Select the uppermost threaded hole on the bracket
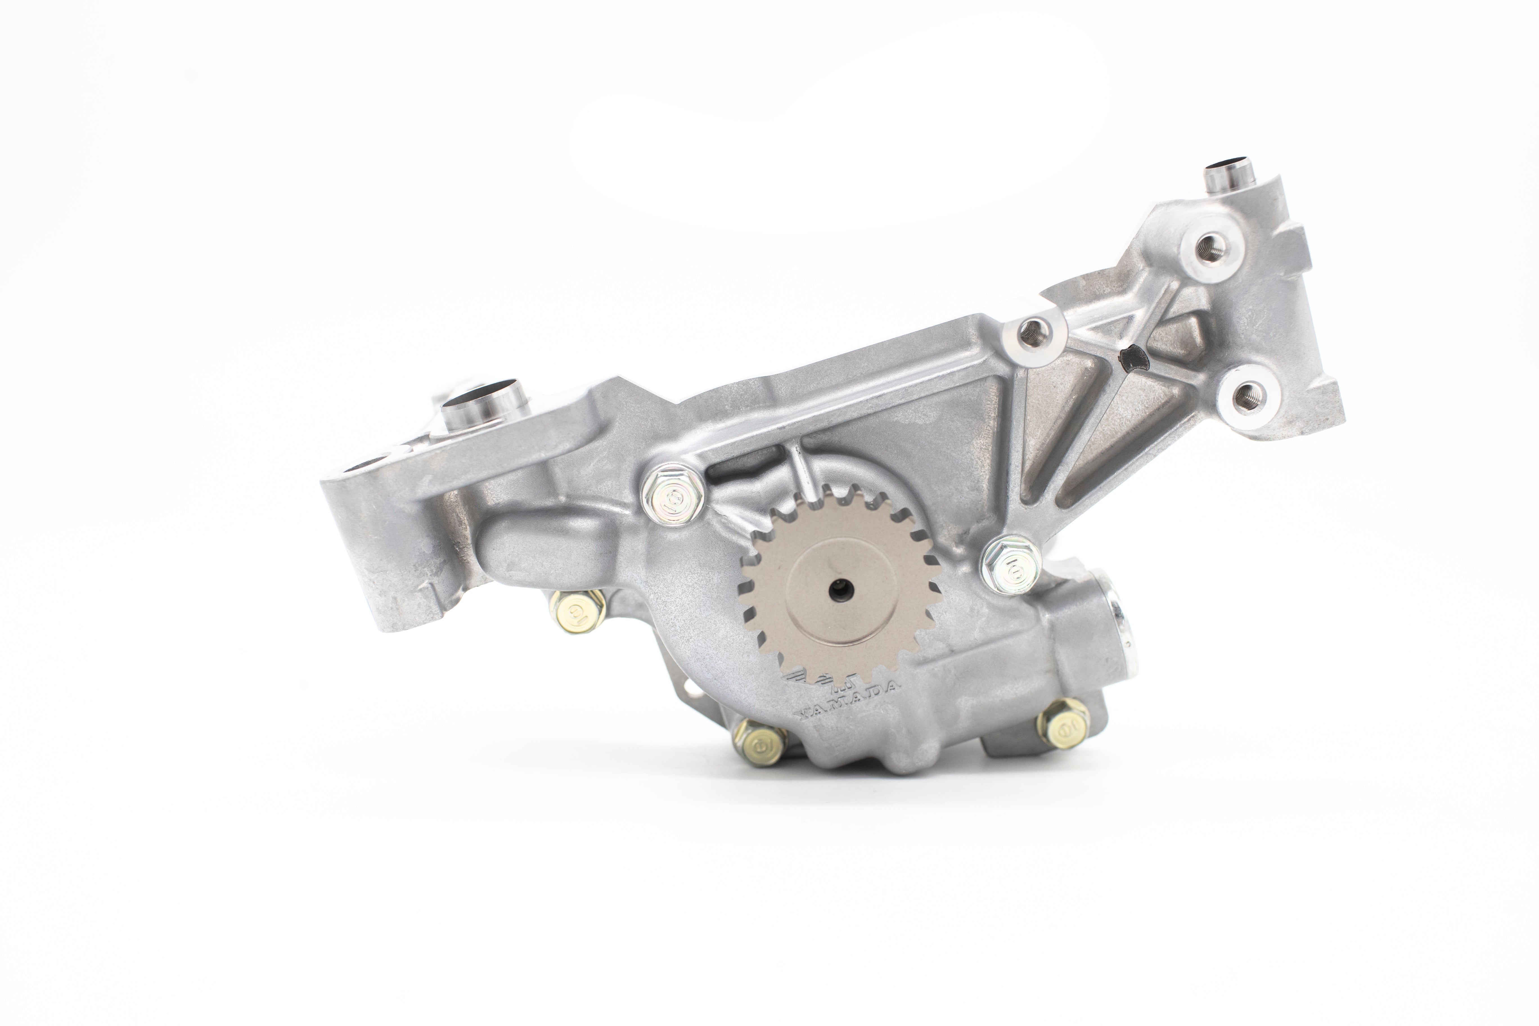point(1209,249)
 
